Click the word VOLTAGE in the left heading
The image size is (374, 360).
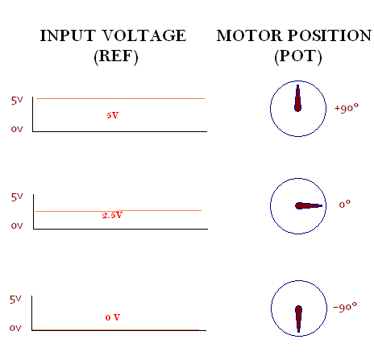pos(144,35)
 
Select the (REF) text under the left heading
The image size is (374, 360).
pos(116,56)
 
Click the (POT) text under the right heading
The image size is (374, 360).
pos(298,56)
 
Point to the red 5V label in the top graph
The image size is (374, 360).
pos(112,115)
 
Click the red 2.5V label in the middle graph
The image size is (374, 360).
pos(112,215)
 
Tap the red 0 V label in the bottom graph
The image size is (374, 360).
pos(113,317)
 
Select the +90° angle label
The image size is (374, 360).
pos(347,108)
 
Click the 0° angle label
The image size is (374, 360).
pos(344,205)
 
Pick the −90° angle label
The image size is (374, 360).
pos(345,307)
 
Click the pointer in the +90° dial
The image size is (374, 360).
pos(297,98)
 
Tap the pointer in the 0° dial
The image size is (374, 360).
pos(309,206)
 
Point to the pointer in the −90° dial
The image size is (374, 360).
pos(298,319)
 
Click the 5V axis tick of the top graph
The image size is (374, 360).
pos(17,101)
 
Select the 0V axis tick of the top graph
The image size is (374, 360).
pos(17,129)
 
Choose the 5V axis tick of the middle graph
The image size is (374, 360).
pos(17,197)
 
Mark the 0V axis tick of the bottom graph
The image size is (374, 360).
pos(15,328)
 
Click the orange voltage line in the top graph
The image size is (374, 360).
pos(120,99)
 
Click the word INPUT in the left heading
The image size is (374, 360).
pos(68,35)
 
